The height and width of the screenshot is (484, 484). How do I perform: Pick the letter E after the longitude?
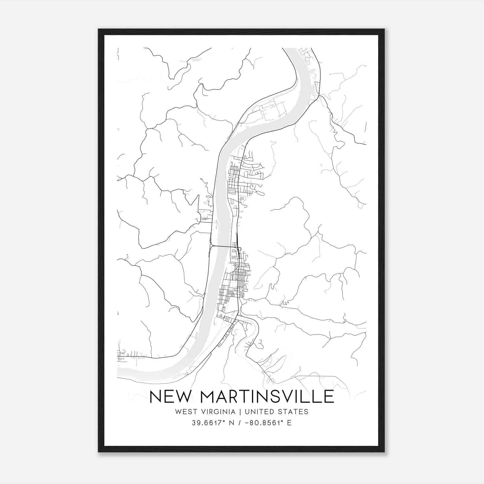289,423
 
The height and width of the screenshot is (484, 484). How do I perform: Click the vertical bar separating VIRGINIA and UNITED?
240,412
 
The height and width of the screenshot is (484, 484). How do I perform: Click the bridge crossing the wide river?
224,247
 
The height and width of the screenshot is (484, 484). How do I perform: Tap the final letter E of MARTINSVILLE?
329,397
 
